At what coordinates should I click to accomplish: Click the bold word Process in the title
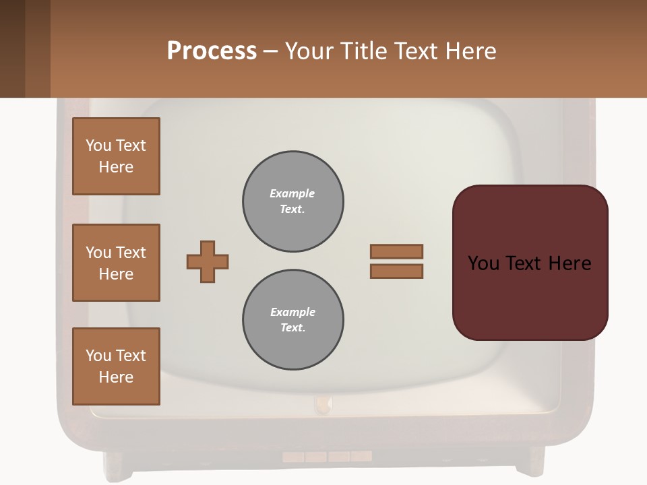tap(212, 51)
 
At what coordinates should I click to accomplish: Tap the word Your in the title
tap(309, 51)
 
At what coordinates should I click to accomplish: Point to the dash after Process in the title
tap(271, 52)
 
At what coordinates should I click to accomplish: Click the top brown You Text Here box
tap(116, 156)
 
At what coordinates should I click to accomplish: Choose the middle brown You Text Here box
tap(116, 263)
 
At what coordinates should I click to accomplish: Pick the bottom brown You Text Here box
tap(116, 366)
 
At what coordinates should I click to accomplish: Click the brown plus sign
tap(208, 261)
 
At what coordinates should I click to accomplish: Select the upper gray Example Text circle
tap(293, 201)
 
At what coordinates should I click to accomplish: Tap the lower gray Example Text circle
tap(293, 320)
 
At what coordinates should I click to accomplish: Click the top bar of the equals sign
tap(396, 251)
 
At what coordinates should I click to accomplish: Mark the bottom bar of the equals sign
tap(396, 271)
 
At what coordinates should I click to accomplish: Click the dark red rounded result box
tap(530, 263)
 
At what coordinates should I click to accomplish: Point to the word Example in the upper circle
tap(292, 193)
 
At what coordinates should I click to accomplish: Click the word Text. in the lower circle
tap(292, 328)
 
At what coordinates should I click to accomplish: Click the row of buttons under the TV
tap(327, 457)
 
